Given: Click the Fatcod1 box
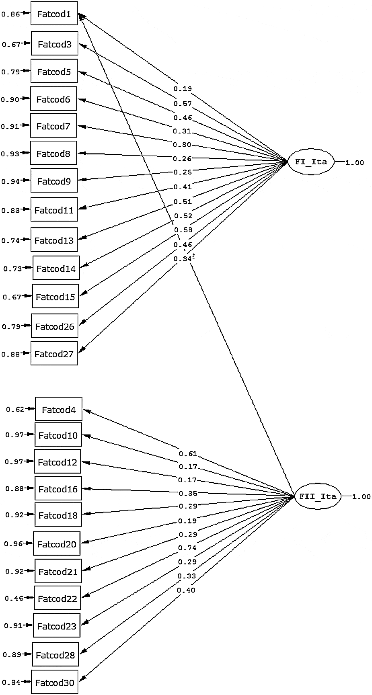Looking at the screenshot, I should click(54, 14).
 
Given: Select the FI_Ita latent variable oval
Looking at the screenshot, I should click(311, 162).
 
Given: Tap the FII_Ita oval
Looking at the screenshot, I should click(318, 496).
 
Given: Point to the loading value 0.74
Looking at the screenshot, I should click(187, 547).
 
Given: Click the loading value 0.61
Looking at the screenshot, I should click(188, 454).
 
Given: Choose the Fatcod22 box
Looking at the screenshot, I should click(57, 598).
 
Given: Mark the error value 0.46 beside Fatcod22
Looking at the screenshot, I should click(14, 598).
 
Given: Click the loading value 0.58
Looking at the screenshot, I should click(183, 230).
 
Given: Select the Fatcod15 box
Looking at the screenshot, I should click(55, 297).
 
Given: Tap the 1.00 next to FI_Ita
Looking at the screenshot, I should click(354, 163).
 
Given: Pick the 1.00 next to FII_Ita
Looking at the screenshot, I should click(361, 497).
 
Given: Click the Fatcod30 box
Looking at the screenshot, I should click(55, 682).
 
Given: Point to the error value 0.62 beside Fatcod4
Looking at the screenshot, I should click(15, 409).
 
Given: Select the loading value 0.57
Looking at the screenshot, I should click(183, 104).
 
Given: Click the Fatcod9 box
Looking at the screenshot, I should click(54, 181).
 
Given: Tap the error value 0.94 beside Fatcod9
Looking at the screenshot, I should click(11, 181).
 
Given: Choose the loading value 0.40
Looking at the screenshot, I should click(186, 590).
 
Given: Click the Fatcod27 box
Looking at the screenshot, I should click(54, 354).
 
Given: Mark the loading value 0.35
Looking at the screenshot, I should click(188, 493).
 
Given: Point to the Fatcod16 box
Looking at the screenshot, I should click(58, 489).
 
